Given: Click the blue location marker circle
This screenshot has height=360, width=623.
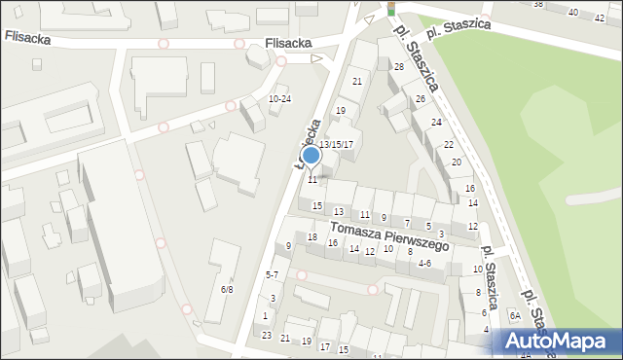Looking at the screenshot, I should coord(311,155).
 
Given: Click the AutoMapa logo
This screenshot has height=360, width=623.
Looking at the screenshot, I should coord(558,341).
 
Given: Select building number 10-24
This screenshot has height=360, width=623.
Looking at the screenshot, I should coord(279,99).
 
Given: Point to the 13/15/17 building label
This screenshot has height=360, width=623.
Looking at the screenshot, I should coord(336,144).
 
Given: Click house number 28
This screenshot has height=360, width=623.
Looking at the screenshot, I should coord(398,66).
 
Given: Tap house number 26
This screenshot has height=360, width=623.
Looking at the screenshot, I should coord(421,99).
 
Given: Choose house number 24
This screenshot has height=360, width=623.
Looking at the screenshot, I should coord(437,122).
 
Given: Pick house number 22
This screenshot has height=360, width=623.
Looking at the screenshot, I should coord(448,144).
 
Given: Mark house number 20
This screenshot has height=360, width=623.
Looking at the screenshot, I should coord(456,162).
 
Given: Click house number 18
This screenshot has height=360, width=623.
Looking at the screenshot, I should coord(312,237).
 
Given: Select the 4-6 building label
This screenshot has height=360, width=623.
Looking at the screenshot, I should coord(424,263).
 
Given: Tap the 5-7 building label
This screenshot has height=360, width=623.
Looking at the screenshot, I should coord(273,275).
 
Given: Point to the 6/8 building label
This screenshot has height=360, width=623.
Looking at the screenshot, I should coord(227,289).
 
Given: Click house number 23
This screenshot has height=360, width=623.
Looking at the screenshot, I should coord(267,335).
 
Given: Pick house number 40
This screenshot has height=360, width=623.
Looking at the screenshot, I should coord(572,13).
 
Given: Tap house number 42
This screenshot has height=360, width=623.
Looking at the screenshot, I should coord(598,18).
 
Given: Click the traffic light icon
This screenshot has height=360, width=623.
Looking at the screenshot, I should coord(391,8).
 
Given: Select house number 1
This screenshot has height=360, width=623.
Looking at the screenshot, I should coord(265,316).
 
